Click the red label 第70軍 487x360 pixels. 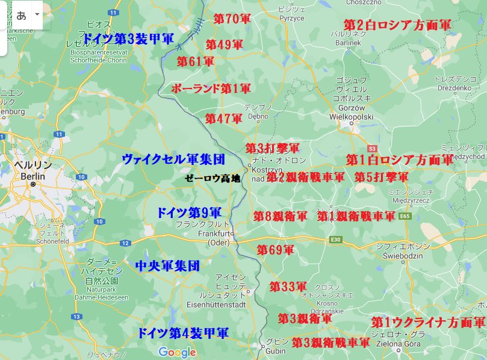232,19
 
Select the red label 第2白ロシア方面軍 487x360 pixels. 397,25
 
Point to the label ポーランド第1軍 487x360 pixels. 211,88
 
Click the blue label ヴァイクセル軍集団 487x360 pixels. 173,159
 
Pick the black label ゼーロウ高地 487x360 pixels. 212,178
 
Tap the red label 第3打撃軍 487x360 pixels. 272,148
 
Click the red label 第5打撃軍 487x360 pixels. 381,177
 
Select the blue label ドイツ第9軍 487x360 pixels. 188,213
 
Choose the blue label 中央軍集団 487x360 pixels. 167,265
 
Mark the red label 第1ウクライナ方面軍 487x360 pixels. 428,322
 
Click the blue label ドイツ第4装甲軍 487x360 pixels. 183,332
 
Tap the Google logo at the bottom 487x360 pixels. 177,352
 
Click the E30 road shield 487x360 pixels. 335,240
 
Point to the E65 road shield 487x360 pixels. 405,216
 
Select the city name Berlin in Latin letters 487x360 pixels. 33,176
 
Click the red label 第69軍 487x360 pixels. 275,249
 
